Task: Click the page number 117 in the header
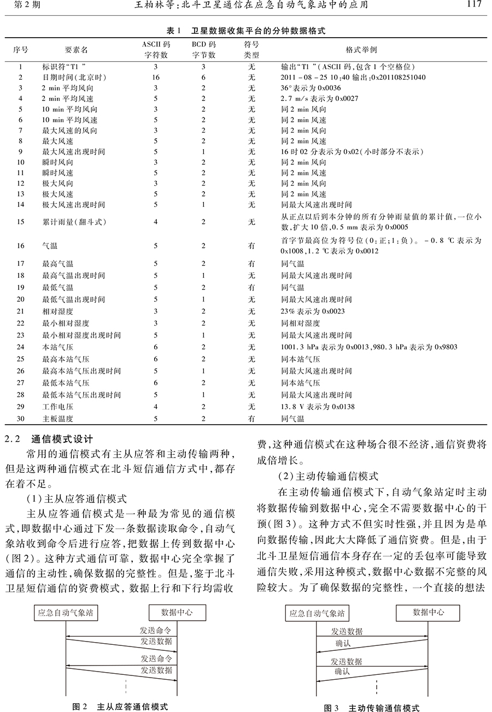[x=474, y=5]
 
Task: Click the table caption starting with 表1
[x=245, y=31]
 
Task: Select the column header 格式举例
[x=361, y=49]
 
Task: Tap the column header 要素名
[x=76, y=50]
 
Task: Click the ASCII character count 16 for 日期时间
[x=156, y=78]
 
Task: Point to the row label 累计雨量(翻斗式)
[x=75, y=222]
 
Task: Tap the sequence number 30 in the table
[x=21, y=419]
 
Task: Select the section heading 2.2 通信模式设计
[x=56, y=438]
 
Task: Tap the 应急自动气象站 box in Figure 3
[x=318, y=613]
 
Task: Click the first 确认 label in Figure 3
[x=342, y=644]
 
